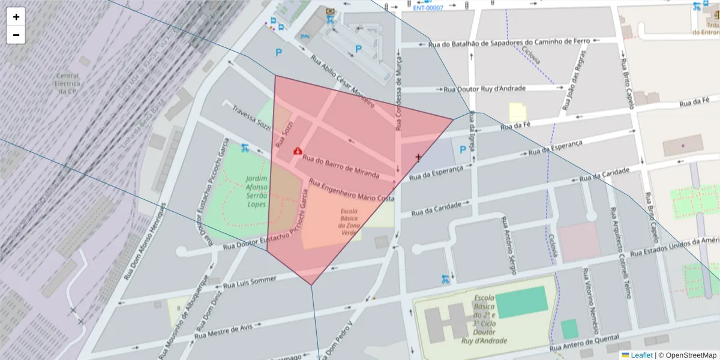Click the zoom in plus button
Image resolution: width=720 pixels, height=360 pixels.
click(x=16, y=17)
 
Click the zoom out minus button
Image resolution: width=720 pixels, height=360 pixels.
click(x=16, y=35)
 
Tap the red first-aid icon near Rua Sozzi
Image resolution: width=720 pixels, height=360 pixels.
click(x=297, y=151)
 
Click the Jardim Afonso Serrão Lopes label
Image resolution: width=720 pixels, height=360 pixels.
click(x=257, y=191)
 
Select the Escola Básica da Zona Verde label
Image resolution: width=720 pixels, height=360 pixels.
click(x=349, y=222)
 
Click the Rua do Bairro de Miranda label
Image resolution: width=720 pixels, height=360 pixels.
click(x=341, y=166)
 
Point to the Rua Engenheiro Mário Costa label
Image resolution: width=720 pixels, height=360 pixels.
click(x=352, y=189)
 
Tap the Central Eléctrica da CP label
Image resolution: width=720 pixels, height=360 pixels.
click(x=67, y=84)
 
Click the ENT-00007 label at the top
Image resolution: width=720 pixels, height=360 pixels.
click(x=428, y=8)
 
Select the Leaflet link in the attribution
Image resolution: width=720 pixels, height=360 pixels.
click(x=641, y=355)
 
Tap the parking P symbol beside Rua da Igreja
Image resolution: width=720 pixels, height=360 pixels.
click(x=462, y=149)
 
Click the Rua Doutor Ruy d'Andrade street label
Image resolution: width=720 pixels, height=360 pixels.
click(x=484, y=89)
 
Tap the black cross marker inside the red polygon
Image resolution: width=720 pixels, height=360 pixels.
click(x=418, y=157)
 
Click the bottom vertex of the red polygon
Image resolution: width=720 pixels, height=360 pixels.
click(x=311, y=284)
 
